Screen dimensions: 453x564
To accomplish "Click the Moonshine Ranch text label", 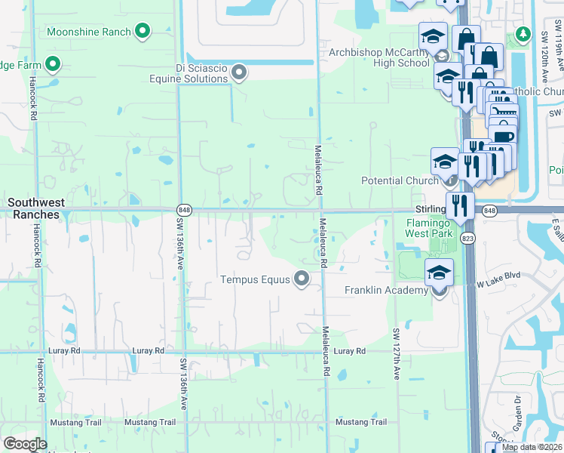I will (x=89, y=32).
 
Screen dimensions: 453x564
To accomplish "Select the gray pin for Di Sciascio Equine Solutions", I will (x=239, y=72).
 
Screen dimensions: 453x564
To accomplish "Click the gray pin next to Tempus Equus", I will (x=302, y=279).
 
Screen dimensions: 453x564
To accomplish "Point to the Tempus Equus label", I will (x=255, y=280).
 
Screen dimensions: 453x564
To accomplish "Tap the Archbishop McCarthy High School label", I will (x=379, y=58).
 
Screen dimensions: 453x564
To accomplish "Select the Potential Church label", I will (x=400, y=181).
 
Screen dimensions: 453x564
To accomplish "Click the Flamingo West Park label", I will (x=430, y=228).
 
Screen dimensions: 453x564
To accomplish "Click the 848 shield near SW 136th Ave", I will (x=182, y=209).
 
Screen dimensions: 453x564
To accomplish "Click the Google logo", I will (x=25, y=444).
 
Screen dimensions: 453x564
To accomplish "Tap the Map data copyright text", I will (x=532, y=447).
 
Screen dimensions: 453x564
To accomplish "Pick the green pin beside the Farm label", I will (x=53, y=65).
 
